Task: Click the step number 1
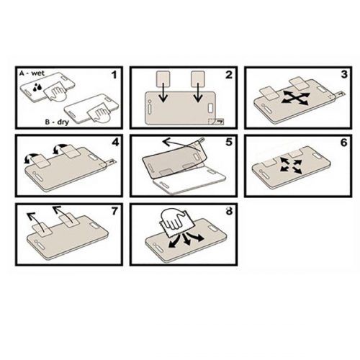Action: pos(114,75)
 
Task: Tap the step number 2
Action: pos(229,75)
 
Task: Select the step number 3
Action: pos(344,74)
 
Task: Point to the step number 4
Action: pos(115,143)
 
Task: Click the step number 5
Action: pos(229,142)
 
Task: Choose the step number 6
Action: pos(344,143)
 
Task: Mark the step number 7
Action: pos(115,211)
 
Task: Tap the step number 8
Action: pos(230,211)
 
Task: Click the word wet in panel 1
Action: pos(38,73)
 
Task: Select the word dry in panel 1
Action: pos(63,122)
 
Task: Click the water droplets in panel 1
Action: pos(37,87)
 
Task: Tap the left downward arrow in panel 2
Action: pos(163,92)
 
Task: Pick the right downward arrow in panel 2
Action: pos(198,92)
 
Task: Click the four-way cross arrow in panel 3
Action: pos(295,97)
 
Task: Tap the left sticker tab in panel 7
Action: pos(42,229)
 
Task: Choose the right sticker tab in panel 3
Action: pos(298,84)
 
